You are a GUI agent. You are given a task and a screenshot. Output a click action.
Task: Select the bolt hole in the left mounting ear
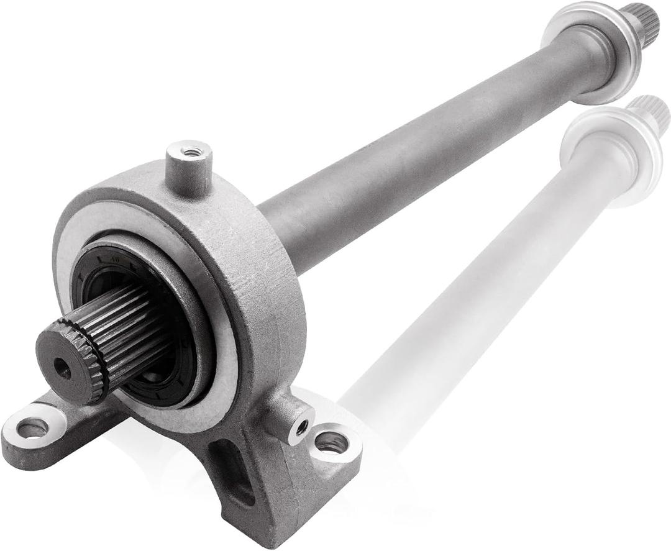[x=32, y=427]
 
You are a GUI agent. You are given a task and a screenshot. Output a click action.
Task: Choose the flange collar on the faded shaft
[x=612, y=155]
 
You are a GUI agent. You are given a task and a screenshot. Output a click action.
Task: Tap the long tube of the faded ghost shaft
[x=472, y=292]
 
